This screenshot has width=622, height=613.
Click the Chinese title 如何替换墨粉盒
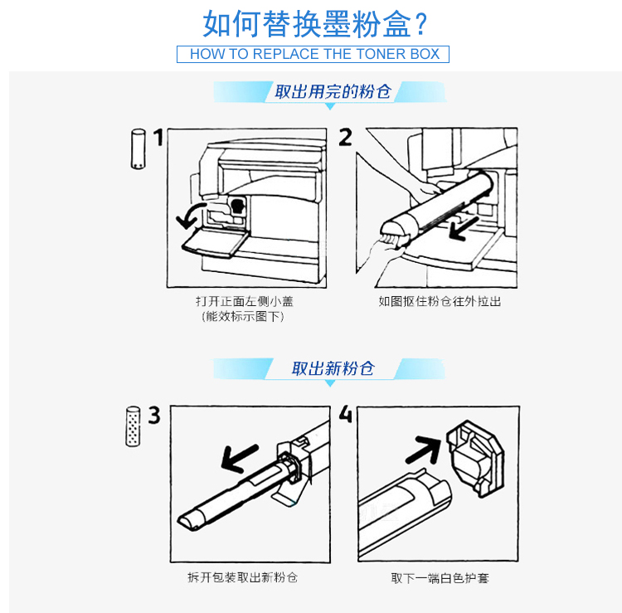308,24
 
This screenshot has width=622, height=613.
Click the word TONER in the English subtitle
381,54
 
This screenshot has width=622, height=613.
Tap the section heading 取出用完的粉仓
333,91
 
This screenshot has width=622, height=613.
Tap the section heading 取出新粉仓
333,368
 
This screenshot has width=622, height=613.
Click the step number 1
158,137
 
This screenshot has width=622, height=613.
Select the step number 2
345,137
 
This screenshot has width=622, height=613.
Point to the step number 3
154,415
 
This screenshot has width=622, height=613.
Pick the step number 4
346,414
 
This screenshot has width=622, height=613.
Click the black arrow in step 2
464,229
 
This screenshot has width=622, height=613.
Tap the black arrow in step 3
239,458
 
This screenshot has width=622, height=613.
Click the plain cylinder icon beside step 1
138,148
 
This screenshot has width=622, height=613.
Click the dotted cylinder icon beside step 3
133,426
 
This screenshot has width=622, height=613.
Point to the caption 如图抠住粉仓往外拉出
440,302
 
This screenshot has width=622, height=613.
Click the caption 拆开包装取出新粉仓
242,577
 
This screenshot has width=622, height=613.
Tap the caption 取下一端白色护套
440,578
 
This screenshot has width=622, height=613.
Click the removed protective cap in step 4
475,458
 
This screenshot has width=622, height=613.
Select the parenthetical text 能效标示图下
243,317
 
